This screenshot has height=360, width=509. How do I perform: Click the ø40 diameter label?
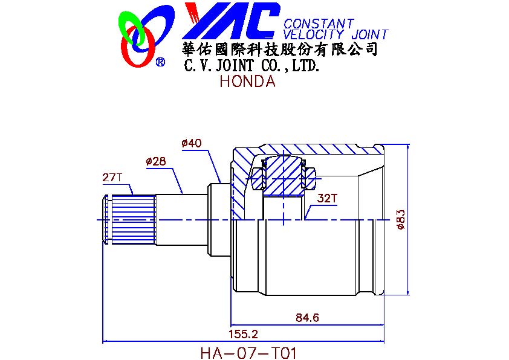pos(192,143)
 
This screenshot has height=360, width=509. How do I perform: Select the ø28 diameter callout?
pos(156,161)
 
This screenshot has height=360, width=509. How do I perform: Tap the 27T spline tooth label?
pos(112,178)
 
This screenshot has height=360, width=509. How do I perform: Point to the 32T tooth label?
pos(327,199)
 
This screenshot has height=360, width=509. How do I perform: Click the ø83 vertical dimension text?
pos(401,220)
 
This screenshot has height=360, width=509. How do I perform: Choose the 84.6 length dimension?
pos(307,318)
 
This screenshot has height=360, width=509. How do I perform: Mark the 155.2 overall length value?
pos(243,334)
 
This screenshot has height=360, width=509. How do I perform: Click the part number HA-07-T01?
pos(248,353)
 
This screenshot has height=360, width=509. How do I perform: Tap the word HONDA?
pos(247,81)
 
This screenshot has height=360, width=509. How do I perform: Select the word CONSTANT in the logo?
pos(319,24)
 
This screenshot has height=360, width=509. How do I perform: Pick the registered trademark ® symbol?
pos(160,62)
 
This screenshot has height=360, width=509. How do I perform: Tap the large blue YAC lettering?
pos(231,21)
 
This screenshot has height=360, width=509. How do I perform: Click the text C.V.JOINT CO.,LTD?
pos(252,66)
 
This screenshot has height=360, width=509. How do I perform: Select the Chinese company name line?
pos(280,50)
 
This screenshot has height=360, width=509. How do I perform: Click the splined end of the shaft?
pos(129,220)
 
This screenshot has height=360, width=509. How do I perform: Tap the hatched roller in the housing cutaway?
pos(284,177)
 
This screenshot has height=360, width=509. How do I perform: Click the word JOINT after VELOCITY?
pos(370,34)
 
